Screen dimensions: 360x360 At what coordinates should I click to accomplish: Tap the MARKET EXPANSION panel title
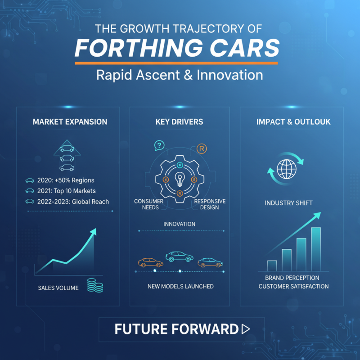click(x=70, y=122)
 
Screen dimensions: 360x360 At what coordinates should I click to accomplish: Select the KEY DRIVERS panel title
click(x=179, y=122)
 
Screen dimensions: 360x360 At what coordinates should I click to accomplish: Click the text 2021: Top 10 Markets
click(x=67, y=191)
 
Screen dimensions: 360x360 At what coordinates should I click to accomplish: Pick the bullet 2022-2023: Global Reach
click(x=73, y=201)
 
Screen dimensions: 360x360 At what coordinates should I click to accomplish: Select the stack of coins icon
click(x=95, y=285)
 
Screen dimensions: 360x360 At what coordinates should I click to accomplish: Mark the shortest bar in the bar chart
click(x=272, y=265)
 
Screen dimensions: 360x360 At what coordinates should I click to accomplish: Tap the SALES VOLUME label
click(x=58, y=288)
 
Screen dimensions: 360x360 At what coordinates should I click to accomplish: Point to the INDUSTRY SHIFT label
click(x=289, y=203)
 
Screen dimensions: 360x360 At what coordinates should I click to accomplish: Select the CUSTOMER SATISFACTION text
click(x=293, y=286)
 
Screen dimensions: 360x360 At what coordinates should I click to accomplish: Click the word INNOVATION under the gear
click(x=179, y=224)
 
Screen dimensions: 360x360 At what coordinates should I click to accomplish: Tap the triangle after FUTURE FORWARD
click(x=246, y=329)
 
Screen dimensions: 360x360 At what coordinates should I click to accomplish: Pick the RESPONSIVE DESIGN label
click(x=210, y=204)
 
